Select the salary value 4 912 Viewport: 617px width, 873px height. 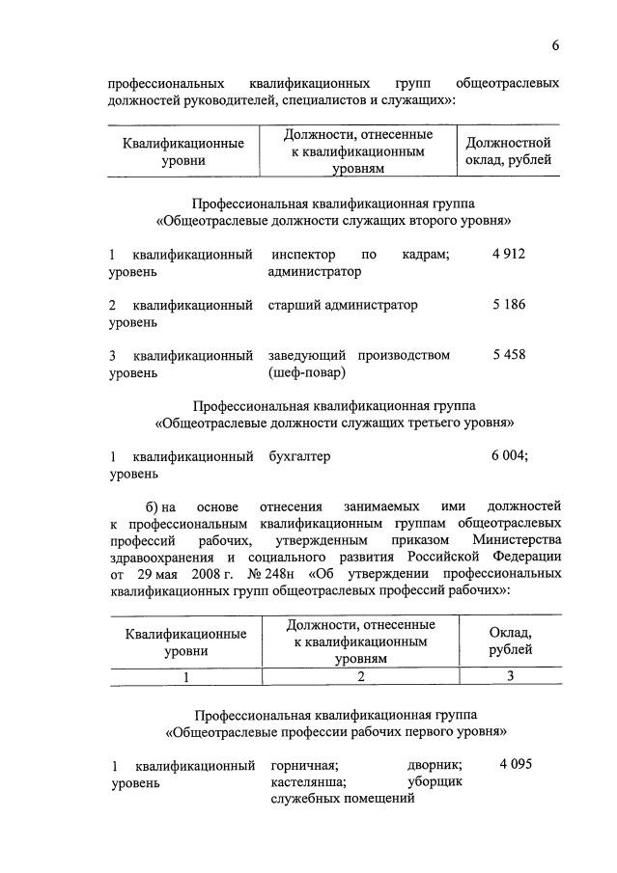point(507,254)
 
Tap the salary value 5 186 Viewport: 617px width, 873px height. point(508,305)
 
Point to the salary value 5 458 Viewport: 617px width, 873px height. point(508,355)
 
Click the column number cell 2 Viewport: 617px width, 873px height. point(359,677)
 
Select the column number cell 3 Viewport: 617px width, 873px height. point(511,677)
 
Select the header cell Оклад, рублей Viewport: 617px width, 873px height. point(510,641)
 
